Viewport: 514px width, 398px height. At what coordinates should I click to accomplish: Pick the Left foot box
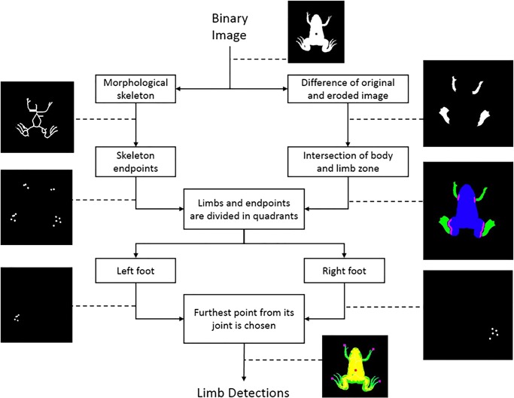pyautogui.click(x=136, y=269)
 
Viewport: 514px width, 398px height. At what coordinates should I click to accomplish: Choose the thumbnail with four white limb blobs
pyautogui.click(x=467, y=104)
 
